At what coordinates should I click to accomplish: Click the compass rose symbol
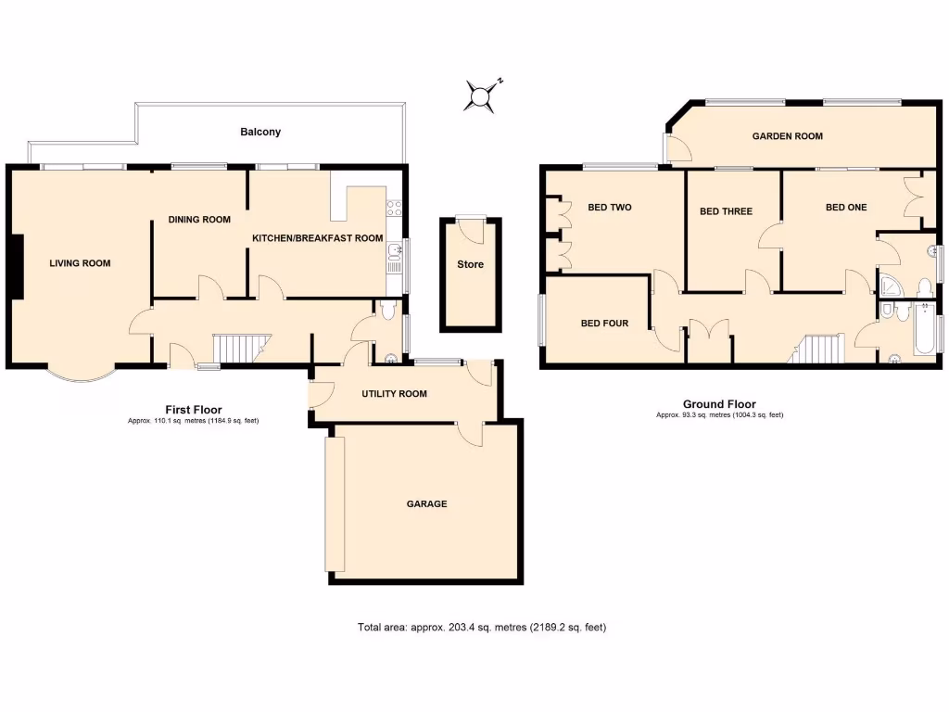coord(482,95)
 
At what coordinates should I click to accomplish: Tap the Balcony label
coord(260,133)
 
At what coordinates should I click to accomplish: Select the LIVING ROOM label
coord(80,263)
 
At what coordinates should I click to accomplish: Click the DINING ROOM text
coord(198,220)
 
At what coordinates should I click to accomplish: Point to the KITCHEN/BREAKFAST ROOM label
coord(318,238)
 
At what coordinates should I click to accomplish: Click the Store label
coord(470,265)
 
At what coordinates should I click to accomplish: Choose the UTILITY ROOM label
coord(394,394)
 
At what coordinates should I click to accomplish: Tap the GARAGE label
coord(426,504)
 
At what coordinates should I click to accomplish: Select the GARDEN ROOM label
coord(787,136)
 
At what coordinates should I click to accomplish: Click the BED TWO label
coord(609,208)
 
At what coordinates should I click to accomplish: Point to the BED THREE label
coord(726,211)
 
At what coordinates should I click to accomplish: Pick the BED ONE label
coord(846,208)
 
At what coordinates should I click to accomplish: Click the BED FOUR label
coord(604,324)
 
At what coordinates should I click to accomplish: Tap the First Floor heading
coord(193,410)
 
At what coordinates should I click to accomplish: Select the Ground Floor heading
coord(719,404)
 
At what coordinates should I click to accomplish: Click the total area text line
coord(481,628)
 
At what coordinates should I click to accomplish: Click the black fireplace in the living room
coord(17,266)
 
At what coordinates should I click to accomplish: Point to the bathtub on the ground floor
coord(923,329)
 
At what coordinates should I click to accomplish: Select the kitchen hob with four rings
coord(395,209)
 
